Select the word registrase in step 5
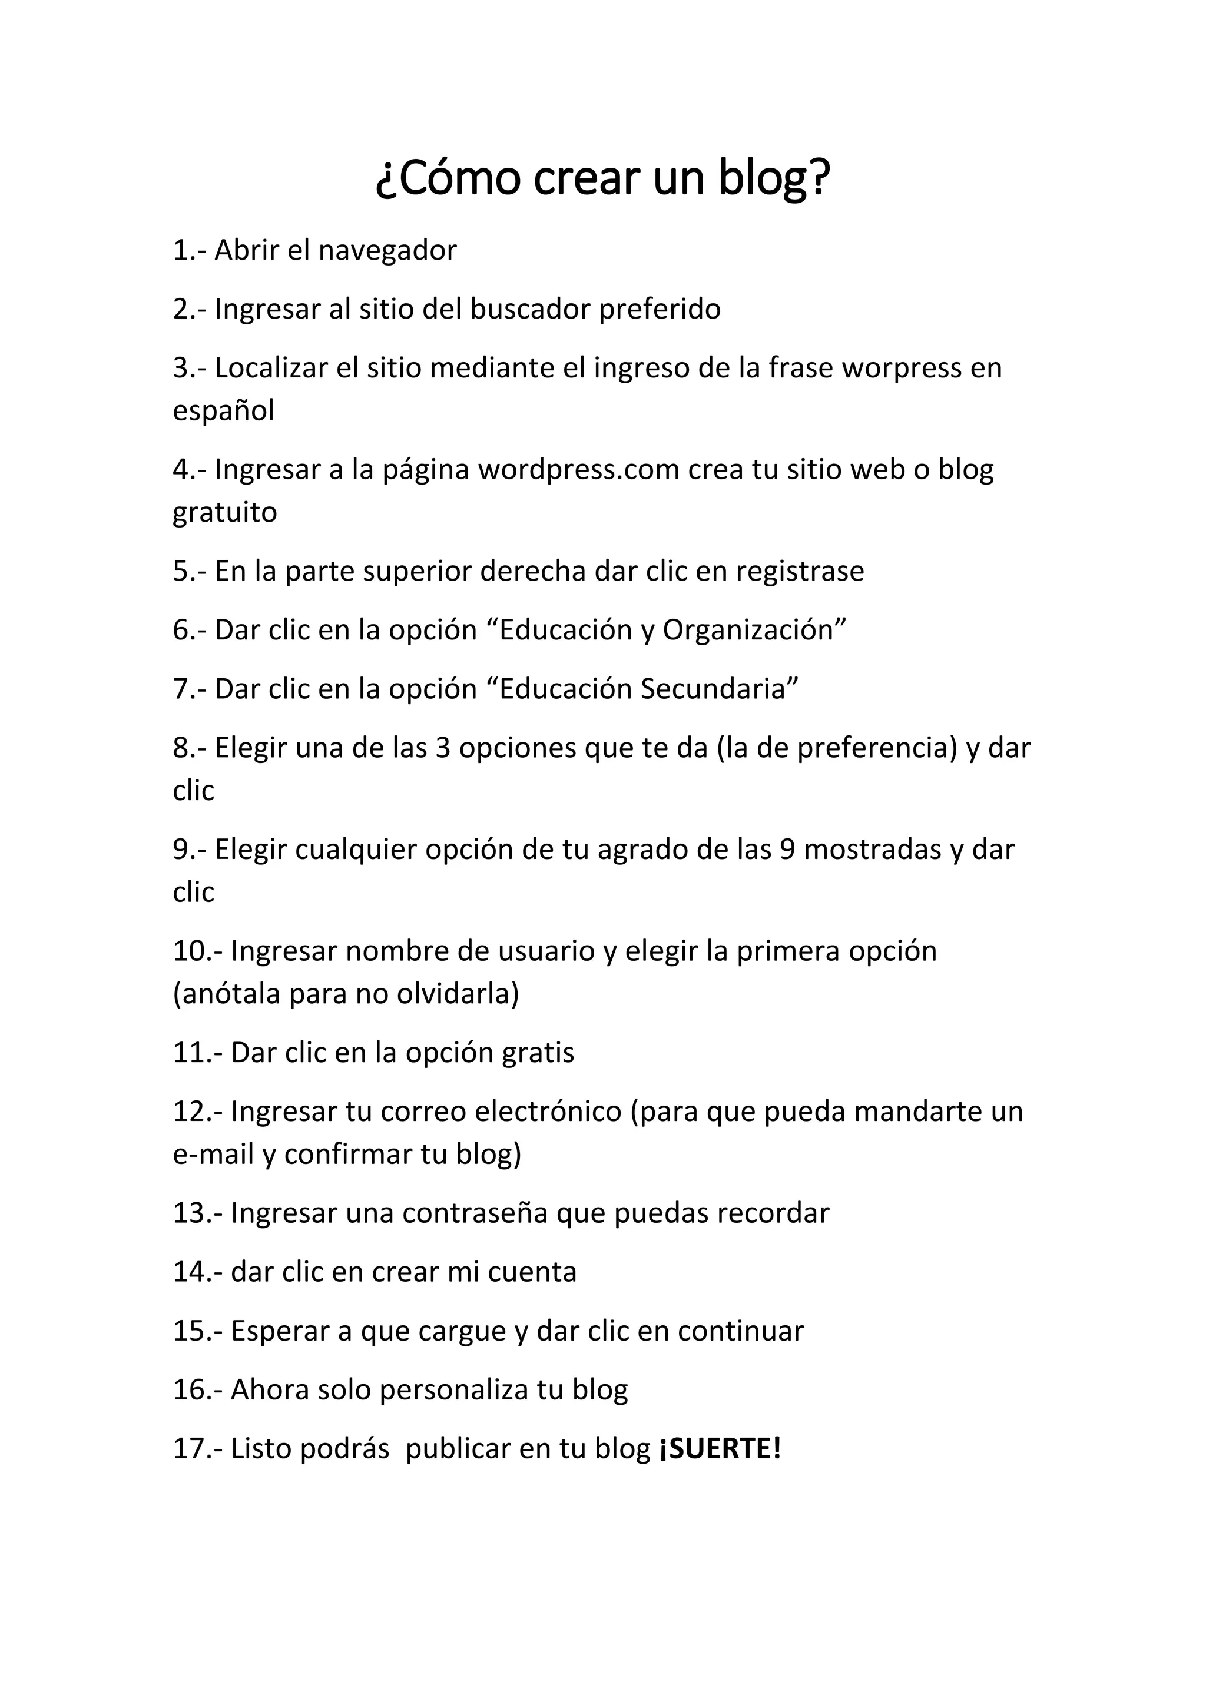(x=800, y=571)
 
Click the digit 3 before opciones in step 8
(x=443, y=748)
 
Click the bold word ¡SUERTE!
(x=720, y=1448)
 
